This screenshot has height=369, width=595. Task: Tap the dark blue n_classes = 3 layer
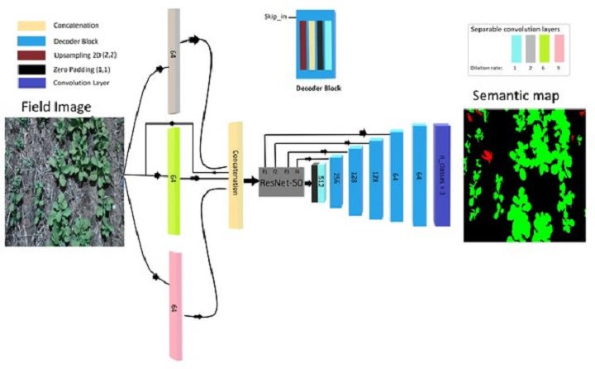click(441, 175)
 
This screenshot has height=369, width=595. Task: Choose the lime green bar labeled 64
click(174, 177)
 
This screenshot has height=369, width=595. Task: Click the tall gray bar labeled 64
click(174, 60)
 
